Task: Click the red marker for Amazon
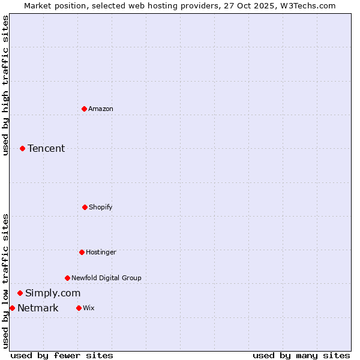click(84, 109)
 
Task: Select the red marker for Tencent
click(23, 148)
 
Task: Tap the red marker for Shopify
click(85, 207)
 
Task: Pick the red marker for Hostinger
click(82, 252)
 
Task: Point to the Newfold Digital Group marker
click(67, 278)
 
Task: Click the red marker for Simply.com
click(20, 293)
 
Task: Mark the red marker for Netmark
click(12, 308)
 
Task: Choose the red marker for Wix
click(79, 308)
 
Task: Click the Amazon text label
click(101, 109)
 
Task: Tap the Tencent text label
click(46, 149)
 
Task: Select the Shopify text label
click(101, 208)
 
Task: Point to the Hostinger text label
click(101, 253)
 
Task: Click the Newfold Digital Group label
click(106, 278)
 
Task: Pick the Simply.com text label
click(53, 293)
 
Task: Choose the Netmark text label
click(38, 308)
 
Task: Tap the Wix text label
click(89, 308)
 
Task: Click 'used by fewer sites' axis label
click(62, 355)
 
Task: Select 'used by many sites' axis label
click(301, 355)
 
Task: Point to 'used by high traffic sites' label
click(5, 85)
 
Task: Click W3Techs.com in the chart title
click(307, 5)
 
